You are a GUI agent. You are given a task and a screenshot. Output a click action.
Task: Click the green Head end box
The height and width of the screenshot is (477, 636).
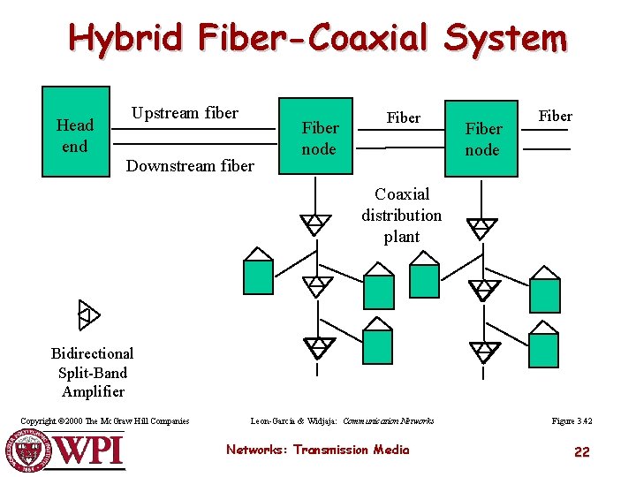pos(76,132)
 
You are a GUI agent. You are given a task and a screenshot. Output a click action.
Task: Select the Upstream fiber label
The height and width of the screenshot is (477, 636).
pos(185,113)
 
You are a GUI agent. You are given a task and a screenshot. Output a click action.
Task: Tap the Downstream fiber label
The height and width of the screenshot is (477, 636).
pos(190,165)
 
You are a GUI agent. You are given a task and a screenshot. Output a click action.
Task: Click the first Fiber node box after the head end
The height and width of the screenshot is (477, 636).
pos(319,139)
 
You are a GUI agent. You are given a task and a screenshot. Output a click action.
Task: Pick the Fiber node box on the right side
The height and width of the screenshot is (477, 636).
pos(482,139)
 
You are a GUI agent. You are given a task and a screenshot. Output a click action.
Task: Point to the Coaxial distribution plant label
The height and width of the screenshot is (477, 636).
pos(401,215)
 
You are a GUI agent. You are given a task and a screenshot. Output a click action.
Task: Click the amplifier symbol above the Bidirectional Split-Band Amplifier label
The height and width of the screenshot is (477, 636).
pos(88,314)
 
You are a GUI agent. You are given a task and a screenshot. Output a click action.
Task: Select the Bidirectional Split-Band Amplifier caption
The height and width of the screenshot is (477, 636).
pos(93,372)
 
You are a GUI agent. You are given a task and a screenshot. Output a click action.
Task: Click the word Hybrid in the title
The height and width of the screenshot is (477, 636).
pos(128,38)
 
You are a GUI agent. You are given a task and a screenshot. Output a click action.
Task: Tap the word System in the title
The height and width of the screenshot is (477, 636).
pos(505,38)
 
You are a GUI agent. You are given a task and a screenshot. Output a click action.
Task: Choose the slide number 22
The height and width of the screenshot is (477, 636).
pos(581,452)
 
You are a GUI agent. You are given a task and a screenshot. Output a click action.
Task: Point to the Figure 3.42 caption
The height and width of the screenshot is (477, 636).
pos(572,421)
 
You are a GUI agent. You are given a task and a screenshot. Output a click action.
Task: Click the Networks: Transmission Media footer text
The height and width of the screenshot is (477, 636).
pos(318,450)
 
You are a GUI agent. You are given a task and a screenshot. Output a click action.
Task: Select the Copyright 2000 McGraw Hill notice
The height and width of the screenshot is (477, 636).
pos(105,421)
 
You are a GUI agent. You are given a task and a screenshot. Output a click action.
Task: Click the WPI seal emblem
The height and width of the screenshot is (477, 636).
pos(29,450)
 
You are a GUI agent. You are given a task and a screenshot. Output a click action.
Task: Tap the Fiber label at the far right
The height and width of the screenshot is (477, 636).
pos(556,116)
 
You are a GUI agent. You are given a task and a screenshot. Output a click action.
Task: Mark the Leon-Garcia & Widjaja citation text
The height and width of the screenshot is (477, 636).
pos(343,421)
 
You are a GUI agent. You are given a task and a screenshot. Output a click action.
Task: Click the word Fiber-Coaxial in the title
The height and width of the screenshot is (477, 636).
pos(317,38)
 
